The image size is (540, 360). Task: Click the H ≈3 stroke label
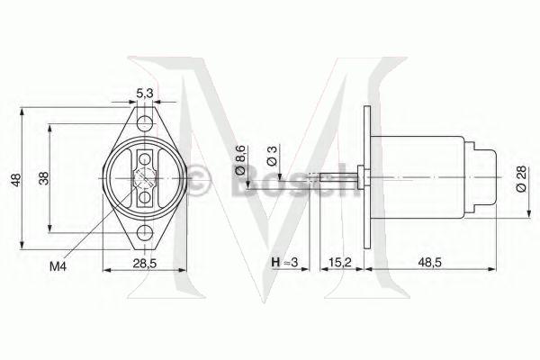[283, 262]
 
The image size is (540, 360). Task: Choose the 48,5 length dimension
[428, 262]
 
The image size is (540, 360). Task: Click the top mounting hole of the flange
[143, 120]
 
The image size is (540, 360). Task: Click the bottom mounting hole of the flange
[143, 236]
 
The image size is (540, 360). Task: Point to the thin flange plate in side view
[366, 178]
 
